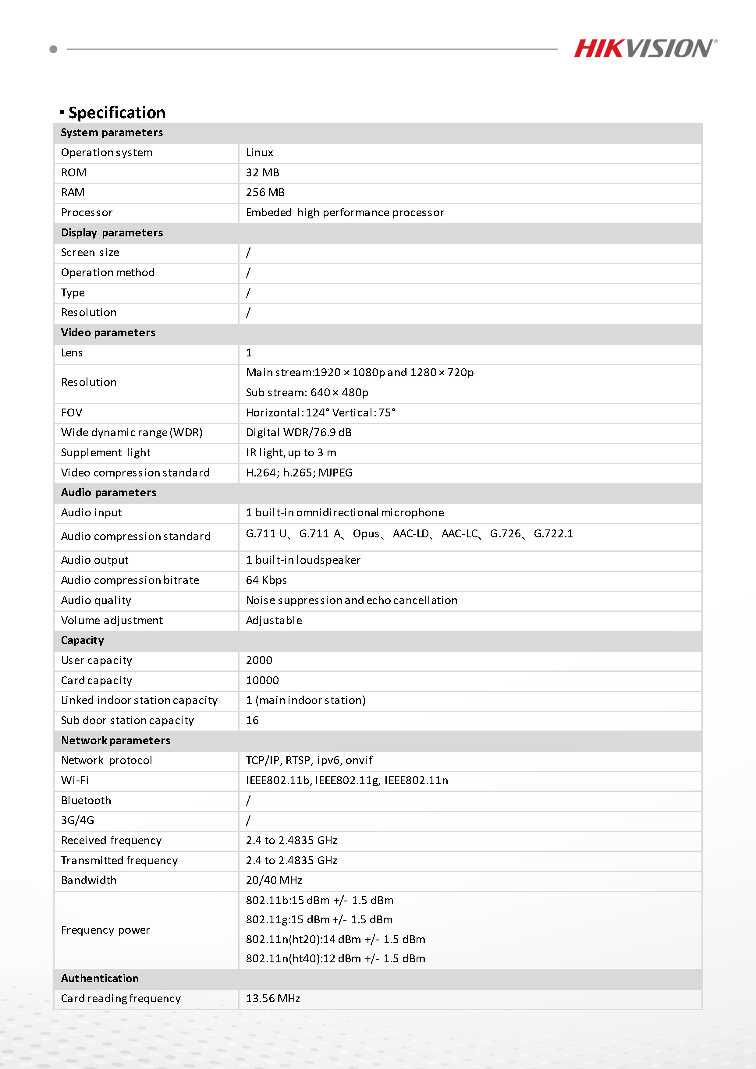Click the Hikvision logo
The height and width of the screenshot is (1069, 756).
tap(645, 48)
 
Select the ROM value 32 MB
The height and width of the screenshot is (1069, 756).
tap(262, 173)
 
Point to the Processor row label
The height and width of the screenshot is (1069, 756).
tap(87, 213)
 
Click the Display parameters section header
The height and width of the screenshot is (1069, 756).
tap(112, 233)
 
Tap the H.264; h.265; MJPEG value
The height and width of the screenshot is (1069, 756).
tap(299, 473)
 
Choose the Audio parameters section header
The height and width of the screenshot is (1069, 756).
tap(108, 493)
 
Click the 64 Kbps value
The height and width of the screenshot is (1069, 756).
tap(266, 580)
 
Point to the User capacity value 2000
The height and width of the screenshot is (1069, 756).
tap(259, 660)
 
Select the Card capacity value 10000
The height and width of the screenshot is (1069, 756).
tap(262, 680)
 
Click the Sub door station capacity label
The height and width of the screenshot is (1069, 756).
tap(127, 720)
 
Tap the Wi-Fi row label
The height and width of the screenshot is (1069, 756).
tap(75, 780)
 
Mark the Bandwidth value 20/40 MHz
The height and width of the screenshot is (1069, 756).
tap(274, 880)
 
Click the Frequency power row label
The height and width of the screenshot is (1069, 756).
tap(105, 930)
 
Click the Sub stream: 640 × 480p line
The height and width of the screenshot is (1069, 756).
tap(307, 392)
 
